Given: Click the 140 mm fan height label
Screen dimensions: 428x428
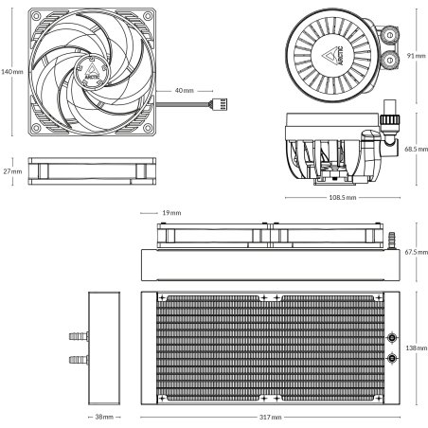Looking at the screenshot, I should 11,70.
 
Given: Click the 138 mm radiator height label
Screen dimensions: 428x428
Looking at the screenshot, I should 414,348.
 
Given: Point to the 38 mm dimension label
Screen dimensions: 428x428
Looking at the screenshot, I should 104,417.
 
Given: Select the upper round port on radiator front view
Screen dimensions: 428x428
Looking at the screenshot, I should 392,335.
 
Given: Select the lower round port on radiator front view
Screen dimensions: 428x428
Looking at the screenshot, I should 392,359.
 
